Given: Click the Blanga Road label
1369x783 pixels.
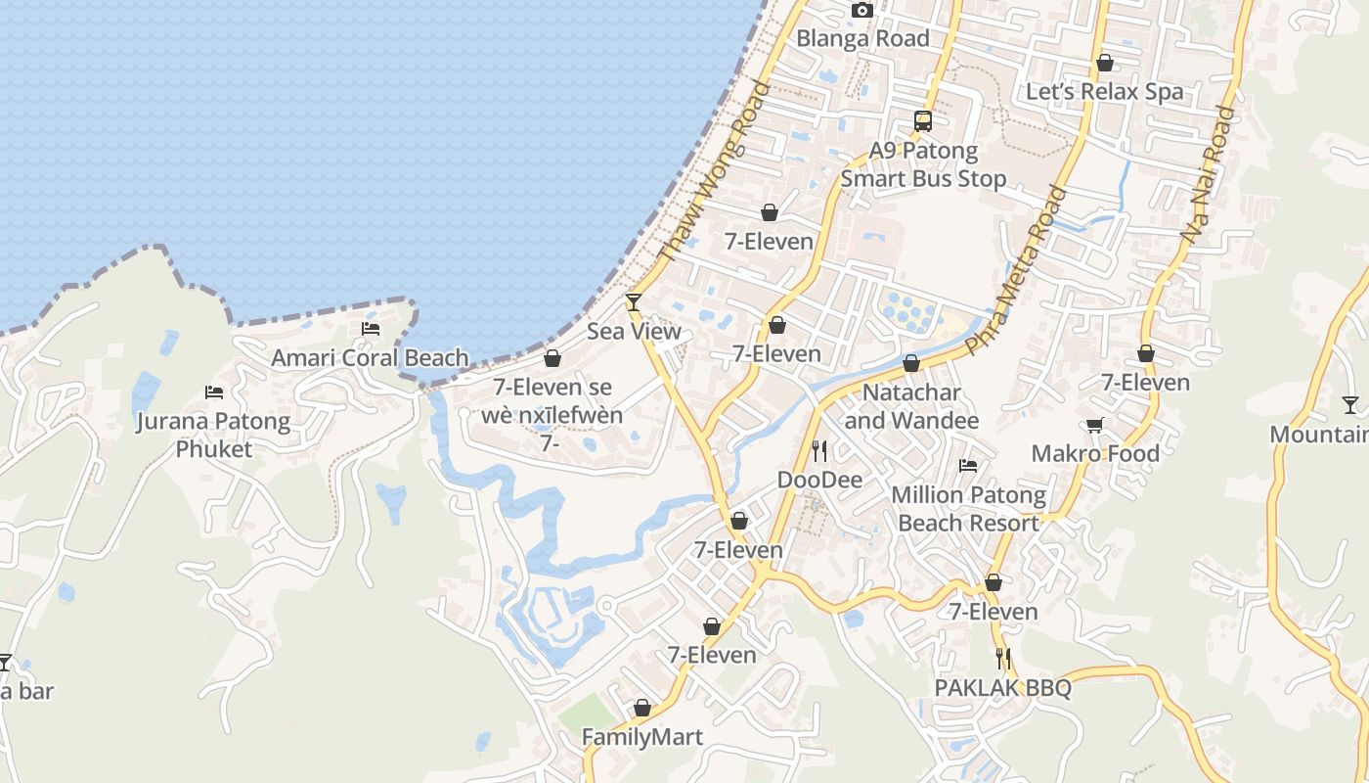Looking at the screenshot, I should tap(862, 39).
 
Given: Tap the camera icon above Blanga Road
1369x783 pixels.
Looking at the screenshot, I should tap(861, 11).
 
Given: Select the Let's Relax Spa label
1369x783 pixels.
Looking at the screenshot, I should tap(1104, 92).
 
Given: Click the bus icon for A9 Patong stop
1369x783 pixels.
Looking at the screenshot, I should tap(923, 121).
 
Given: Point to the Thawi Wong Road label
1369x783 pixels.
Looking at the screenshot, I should tap(715, 171).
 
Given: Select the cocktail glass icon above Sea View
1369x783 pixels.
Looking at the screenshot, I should tap(634, 302).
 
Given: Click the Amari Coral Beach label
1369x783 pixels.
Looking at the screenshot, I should tap(370, 358).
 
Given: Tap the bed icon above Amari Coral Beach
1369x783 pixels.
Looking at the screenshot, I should tap(371, 329).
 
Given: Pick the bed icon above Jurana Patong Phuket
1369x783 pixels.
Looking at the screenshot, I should tap(214, 392).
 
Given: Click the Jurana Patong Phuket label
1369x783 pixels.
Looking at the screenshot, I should tap(214, 436).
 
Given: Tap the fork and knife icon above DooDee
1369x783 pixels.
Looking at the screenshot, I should tap(819, 450).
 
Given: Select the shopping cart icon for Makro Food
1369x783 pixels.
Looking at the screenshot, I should tap(1095, 425).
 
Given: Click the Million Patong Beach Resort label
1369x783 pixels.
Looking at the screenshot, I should tap(968, 509).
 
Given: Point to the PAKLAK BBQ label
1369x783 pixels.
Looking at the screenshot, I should tap(1002, 688).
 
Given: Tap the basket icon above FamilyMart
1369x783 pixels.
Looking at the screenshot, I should tap(642, 708).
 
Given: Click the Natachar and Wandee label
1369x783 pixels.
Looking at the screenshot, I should tap(911, 406).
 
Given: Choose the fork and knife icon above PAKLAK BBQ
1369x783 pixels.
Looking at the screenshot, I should tap(1002, 658).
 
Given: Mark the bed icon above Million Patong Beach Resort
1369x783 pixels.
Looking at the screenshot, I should tap(968, 466).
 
